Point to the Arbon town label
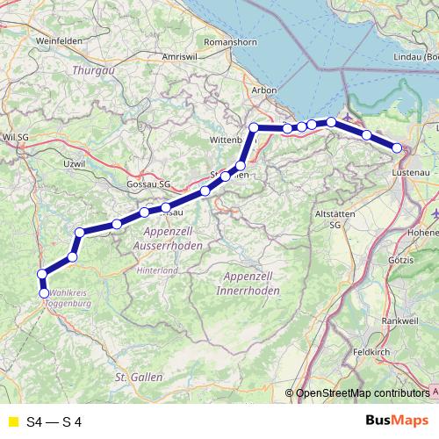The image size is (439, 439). coord(263,90)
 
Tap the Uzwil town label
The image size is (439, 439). coord(75,163)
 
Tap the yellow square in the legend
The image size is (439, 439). coord(11,422)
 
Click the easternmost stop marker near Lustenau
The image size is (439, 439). coord(398,149)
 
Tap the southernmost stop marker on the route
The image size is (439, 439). coord(43,292)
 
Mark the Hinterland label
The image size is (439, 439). coord(157,270)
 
